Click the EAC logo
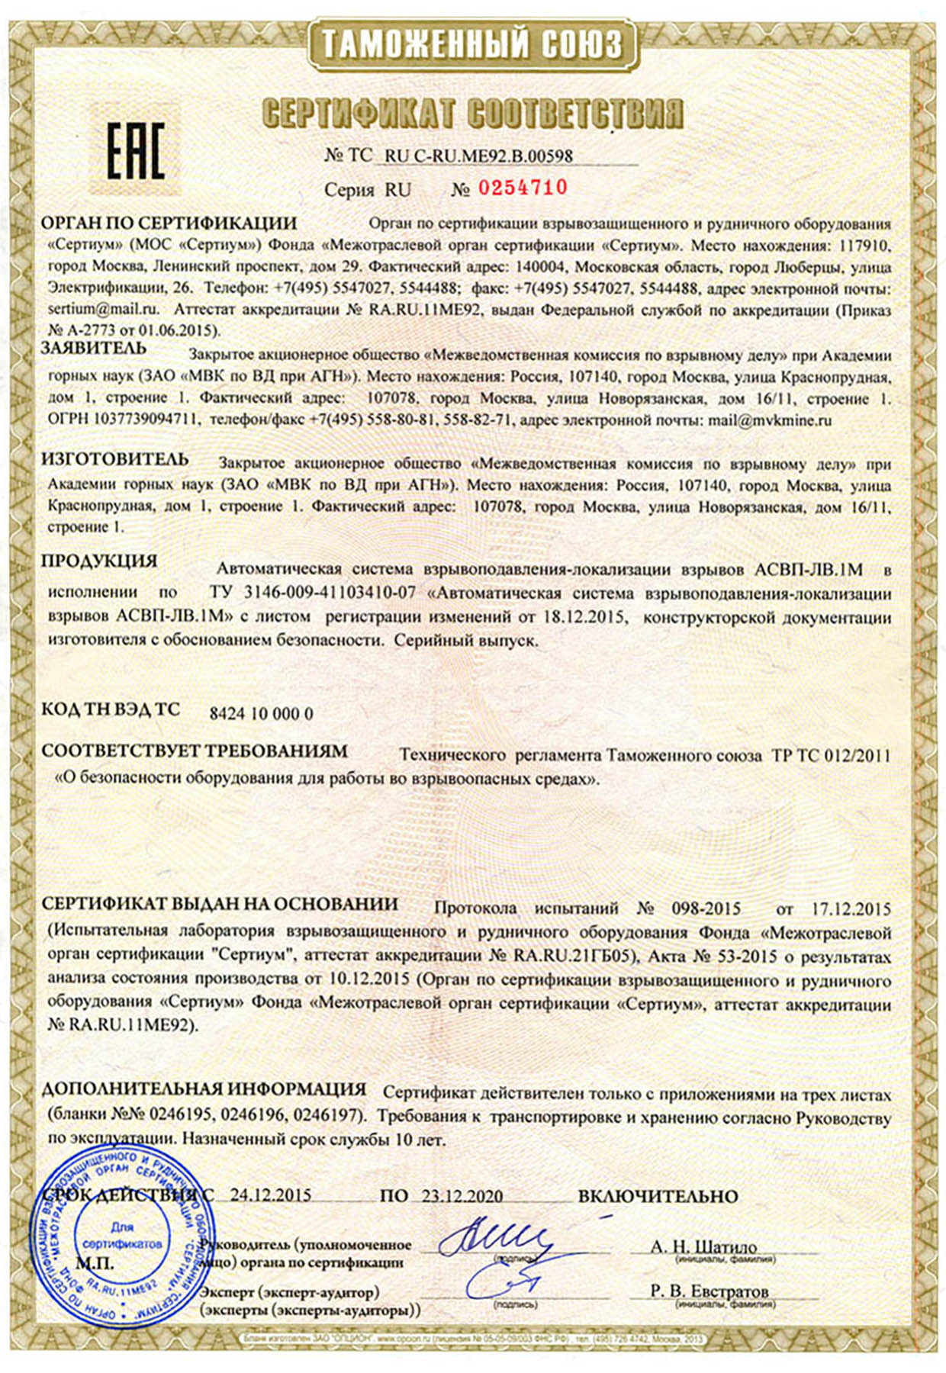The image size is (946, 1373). pos(135,152)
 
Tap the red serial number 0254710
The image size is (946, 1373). pos(523,188)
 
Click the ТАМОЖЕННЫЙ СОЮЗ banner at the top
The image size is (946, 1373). pos(472,44)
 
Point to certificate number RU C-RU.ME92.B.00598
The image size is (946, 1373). pos(479,156)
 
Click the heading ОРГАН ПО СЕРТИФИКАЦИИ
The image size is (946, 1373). pos(169,223)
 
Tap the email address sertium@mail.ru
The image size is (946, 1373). pos(103,310)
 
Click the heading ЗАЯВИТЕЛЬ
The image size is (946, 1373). pos(94,349)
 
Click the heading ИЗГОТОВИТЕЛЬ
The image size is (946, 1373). pos(115,459)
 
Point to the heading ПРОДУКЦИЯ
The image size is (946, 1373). pos(99,561)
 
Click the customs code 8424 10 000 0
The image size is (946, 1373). pos(261,714)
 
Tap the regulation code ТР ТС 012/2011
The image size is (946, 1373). pos(831,756)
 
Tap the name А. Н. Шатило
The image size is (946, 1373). pos(703,1246)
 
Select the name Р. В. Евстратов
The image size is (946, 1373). pos(709,1291)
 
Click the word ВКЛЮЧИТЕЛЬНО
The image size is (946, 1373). pos(658,1196)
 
